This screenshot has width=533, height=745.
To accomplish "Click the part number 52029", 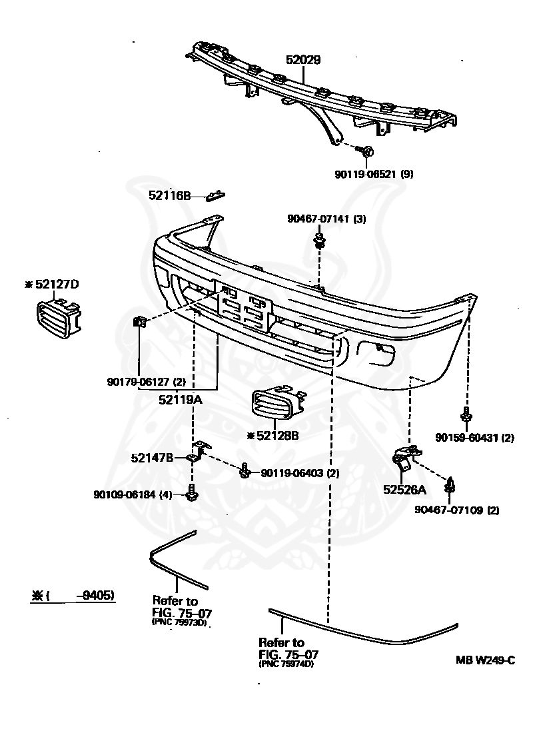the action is [303, 60].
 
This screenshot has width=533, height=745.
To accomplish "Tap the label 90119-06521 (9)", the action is [374, 174].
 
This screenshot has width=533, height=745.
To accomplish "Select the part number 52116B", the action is [170, 195].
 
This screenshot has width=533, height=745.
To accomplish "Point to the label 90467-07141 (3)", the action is [326, 219].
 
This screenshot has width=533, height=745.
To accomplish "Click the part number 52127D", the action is [52, 284].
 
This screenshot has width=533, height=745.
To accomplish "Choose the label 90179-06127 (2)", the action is [147, 382].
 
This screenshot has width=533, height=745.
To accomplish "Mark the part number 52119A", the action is [181, 400].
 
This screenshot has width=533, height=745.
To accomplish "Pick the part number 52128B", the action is [272, 435].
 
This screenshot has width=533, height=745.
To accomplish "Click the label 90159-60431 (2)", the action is [474, 437].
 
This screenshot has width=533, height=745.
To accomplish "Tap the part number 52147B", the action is [152, 458].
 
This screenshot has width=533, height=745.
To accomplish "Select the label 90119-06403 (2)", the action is [300, 473].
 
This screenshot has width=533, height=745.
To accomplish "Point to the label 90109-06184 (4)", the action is [133, 494].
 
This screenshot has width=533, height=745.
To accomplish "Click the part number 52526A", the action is [404, 489].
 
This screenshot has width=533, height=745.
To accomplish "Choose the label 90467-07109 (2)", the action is [457, 510].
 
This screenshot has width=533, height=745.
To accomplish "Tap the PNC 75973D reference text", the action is [180, 622].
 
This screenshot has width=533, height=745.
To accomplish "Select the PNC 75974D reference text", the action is [286, 664].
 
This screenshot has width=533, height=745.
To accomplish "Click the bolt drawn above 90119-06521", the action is [367, 151].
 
